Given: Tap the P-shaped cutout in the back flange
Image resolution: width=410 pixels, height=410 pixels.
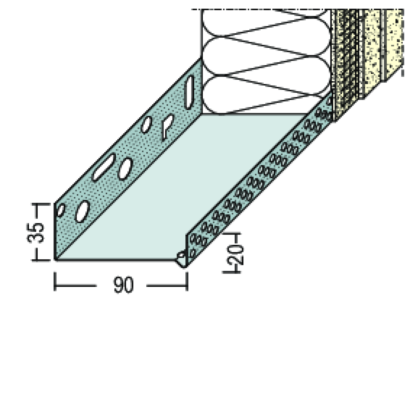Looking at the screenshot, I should pyautogui.click(x=168, y=125).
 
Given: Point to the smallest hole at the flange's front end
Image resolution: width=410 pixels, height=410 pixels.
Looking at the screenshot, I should pyautogui.click(x=60, y=210).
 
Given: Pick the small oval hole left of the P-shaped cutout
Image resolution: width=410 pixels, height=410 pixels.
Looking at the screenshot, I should pyautogui.click(x=146, y=124).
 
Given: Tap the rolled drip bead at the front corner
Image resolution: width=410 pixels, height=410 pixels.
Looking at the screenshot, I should pyautogui.click(x=182, y=257).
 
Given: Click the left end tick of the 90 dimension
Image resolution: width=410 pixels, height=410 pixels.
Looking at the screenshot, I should pyautogui.click(x=55, y=282).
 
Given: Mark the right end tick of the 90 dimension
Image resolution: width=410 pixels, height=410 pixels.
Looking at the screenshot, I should pyautogui.click(x=187, y=282).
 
